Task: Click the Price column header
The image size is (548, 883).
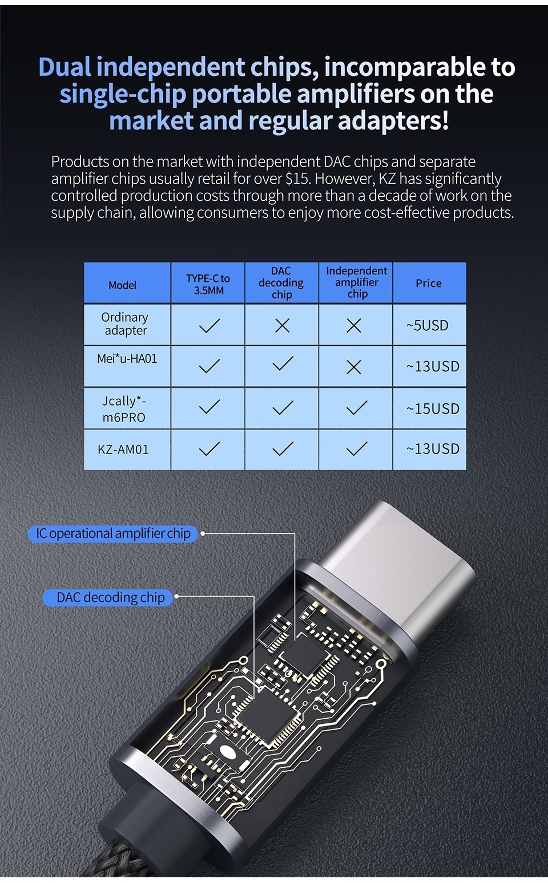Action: tap(429, 283)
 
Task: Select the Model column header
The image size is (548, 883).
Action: tap(123, 285)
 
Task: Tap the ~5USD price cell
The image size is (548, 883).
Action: tap(428, 325)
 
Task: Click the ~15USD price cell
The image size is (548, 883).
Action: tap(433, 408)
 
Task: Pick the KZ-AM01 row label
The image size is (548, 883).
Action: tap(123, 449)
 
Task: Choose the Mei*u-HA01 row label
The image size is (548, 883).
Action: tap(127, 359)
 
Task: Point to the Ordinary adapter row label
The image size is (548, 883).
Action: tap(125, 324)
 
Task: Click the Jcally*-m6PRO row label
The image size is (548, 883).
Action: tap(124, 409)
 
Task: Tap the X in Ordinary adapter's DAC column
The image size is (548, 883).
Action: tap(282, 326)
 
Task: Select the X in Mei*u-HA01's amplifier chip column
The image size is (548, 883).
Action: tap(354, 367)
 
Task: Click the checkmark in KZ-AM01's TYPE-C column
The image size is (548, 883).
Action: tap(209, 449)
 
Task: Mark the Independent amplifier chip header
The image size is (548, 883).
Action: tap(356, 282)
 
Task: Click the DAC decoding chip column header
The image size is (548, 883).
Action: tap(281, 282)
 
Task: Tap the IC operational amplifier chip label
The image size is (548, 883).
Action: tap(113, 533)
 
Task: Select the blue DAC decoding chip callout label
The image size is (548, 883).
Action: tap(110, 597)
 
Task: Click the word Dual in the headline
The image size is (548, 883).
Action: tap(65, 67)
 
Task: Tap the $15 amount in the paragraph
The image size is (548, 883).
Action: tap(297, 179)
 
